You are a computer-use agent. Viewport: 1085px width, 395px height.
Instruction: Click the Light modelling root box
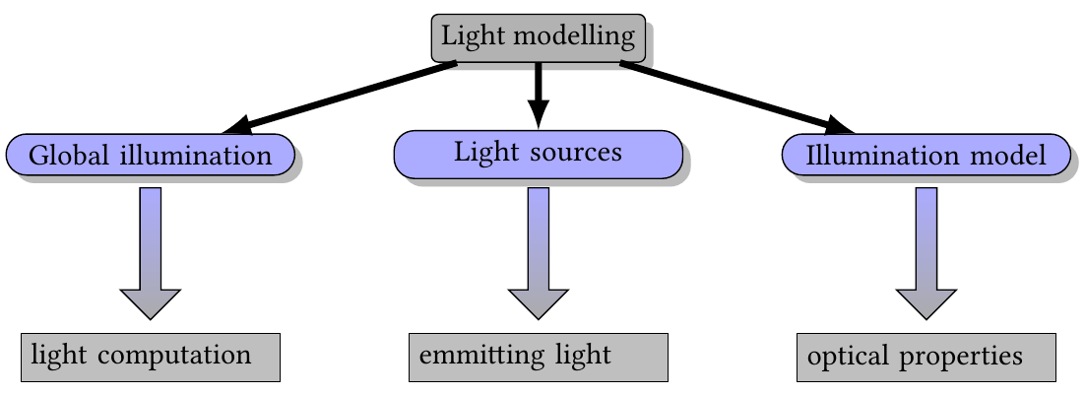(x=538, y=37)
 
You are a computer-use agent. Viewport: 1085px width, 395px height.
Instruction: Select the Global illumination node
(x=150, y=156)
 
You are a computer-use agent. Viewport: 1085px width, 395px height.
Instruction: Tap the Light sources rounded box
(x=538, y=154)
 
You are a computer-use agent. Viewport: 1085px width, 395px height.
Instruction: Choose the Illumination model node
(x=925, y=156)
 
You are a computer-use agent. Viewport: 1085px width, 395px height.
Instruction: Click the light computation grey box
(x=150, y=357)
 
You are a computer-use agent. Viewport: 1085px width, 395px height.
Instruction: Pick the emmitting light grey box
(x=538, y=357)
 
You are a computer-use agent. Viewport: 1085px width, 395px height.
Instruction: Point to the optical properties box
(x=925, y=357)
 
